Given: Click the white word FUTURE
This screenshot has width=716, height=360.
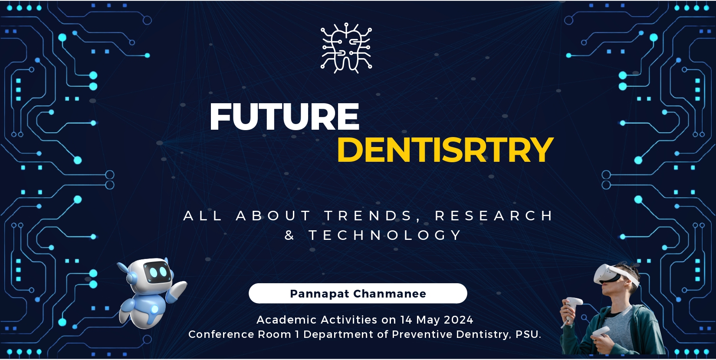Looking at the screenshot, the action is coord(285,117).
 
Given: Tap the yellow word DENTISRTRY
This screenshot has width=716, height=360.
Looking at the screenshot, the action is coord(445,150).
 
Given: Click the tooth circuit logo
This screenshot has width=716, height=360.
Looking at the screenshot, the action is coord(346,48).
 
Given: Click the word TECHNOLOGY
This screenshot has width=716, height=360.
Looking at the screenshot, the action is coord(385,236).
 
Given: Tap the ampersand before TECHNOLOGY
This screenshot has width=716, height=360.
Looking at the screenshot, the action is coord(289,236).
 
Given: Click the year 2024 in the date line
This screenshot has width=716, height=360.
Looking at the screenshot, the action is coord(459,320).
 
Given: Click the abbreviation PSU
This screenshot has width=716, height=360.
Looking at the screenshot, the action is coord(529,334).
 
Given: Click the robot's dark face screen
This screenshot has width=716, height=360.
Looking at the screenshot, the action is coord(156,272).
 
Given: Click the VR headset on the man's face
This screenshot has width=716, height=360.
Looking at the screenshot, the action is coord(613,275).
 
